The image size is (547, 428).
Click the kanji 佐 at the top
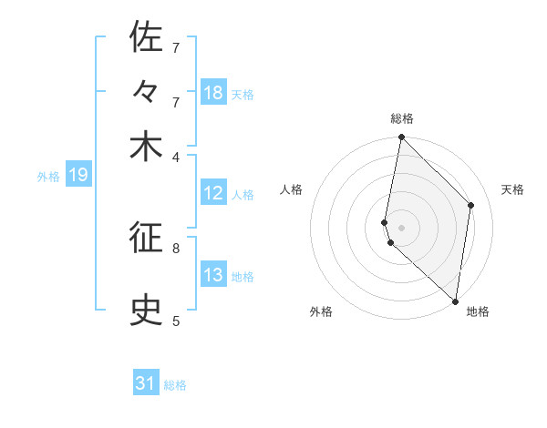(x=146, y=38)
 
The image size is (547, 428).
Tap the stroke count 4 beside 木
(x=176, y=156)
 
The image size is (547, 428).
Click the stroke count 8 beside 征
(x=176, y=247)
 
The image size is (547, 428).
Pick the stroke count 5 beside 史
(x=176, y=321)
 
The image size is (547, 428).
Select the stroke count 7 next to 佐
(x=176, y=47)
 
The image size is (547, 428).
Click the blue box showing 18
(x=213, y=93)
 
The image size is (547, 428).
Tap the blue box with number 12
(x=213, y=193)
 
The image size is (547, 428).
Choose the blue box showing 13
(x=213, y=275)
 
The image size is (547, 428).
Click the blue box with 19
(x=77, y=175)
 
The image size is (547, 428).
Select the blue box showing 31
(x=146, y=383)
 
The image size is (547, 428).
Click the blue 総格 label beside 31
(x=175, y=385)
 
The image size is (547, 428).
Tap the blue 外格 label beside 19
(x=48, y=177)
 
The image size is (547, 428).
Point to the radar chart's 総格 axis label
(x=401, y=118)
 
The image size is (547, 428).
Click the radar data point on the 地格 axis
(x=455, y=301)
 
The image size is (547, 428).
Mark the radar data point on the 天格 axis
(x=471, y=205)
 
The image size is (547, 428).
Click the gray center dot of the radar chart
(x=401, y=227)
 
